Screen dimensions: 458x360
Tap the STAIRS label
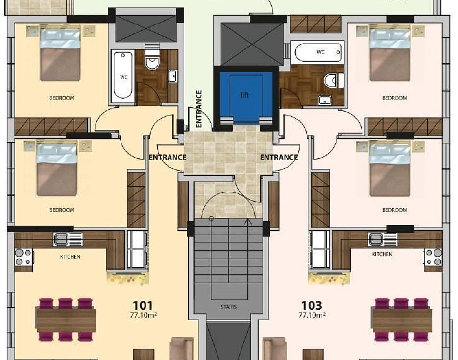(229, 307)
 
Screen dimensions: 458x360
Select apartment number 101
(143, 306)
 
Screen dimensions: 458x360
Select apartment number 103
(312, 306)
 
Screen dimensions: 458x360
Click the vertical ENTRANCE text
(199, 109)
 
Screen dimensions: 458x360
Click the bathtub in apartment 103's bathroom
(318, 52)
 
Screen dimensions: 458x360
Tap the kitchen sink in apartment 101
(68, 239)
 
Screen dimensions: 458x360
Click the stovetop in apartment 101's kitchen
(24, 257)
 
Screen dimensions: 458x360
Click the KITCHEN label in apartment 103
(383, 254)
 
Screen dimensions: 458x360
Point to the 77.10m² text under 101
(143, 315)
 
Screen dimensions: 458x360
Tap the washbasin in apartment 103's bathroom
(324, 100)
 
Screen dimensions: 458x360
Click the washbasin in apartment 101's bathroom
(173, 76)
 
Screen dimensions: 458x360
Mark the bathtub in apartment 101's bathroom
(123, 76)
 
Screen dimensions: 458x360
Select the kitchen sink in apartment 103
(383, 239)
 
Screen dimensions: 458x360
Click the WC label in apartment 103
(321, 52)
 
